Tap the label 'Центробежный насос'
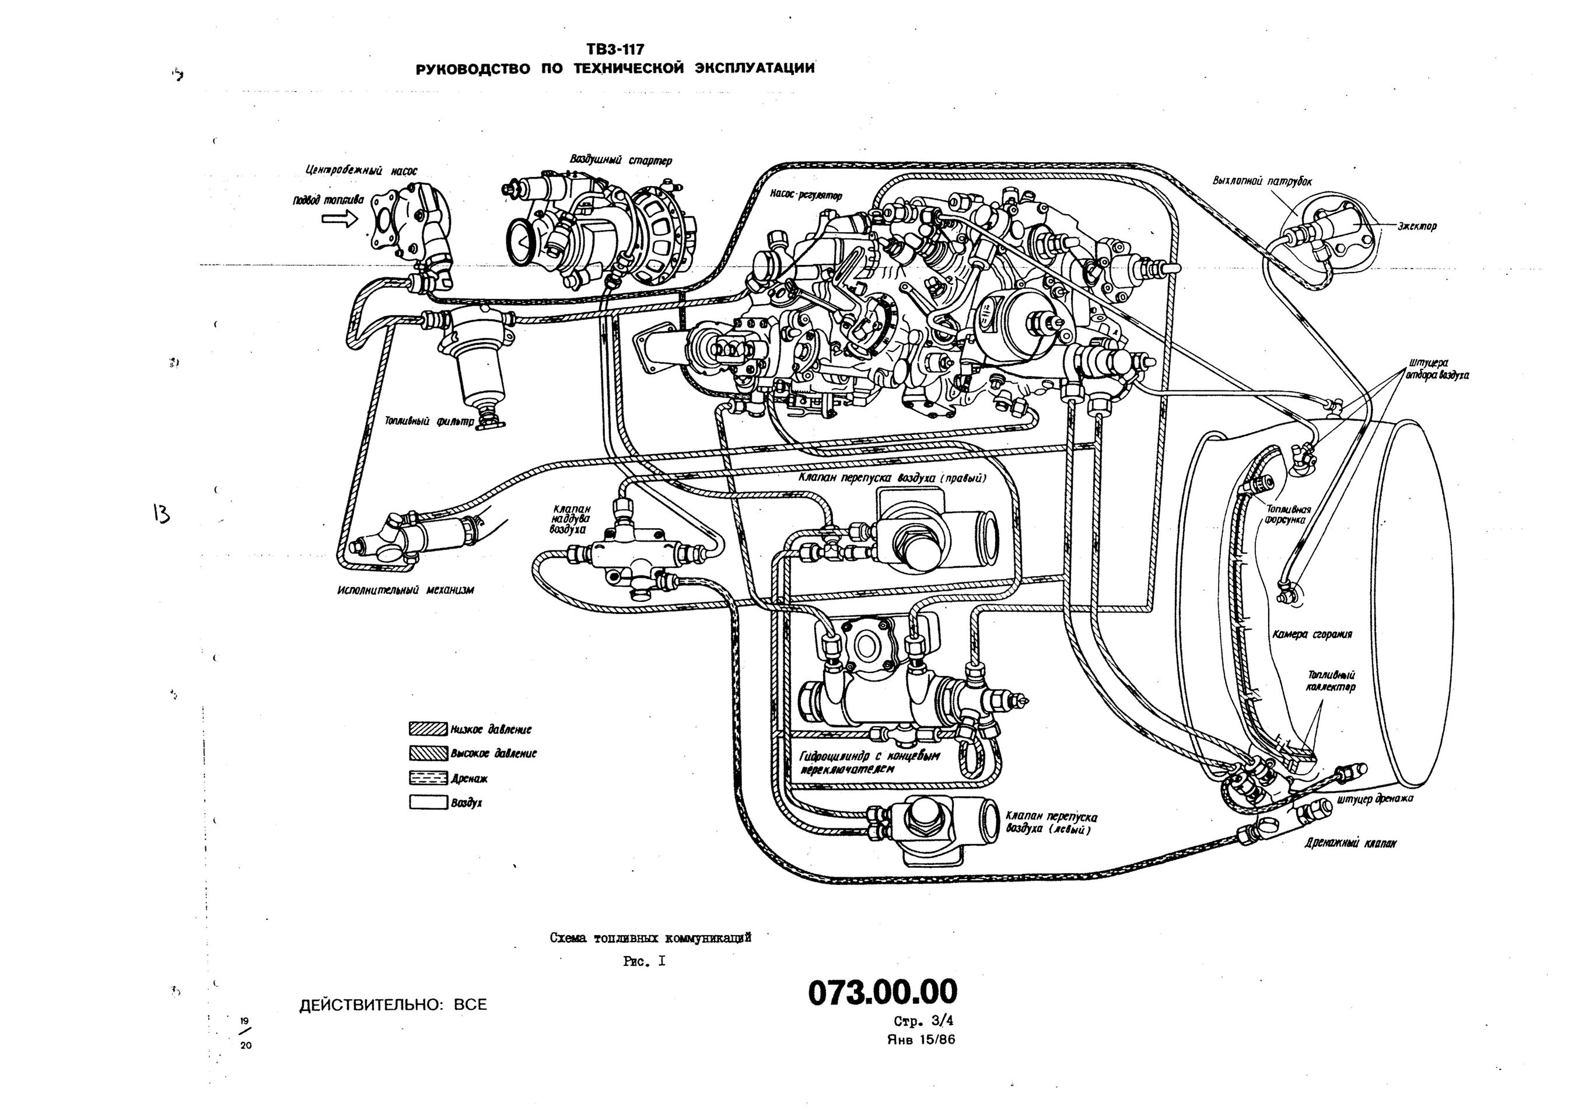(x=361, y=170)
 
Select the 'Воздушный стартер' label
(x=621, y=160)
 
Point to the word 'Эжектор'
(x=1417, y=226)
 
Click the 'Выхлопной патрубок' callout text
(x=1262, y=181)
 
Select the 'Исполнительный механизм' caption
(x=405, y=590)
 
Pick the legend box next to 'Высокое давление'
(x=428, y=753)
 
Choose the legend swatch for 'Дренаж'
(x=428, y=778)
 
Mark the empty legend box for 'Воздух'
(x=428, y=802)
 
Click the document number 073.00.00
(x=882, y=992)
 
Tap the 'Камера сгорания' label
(x=1311, y=634)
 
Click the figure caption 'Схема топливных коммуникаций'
(x=650, y=937)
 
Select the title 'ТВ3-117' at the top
(x=615, y=50)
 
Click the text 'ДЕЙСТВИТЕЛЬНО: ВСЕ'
(x=393, y=1005)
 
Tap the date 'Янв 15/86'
(x=921, y=1039)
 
